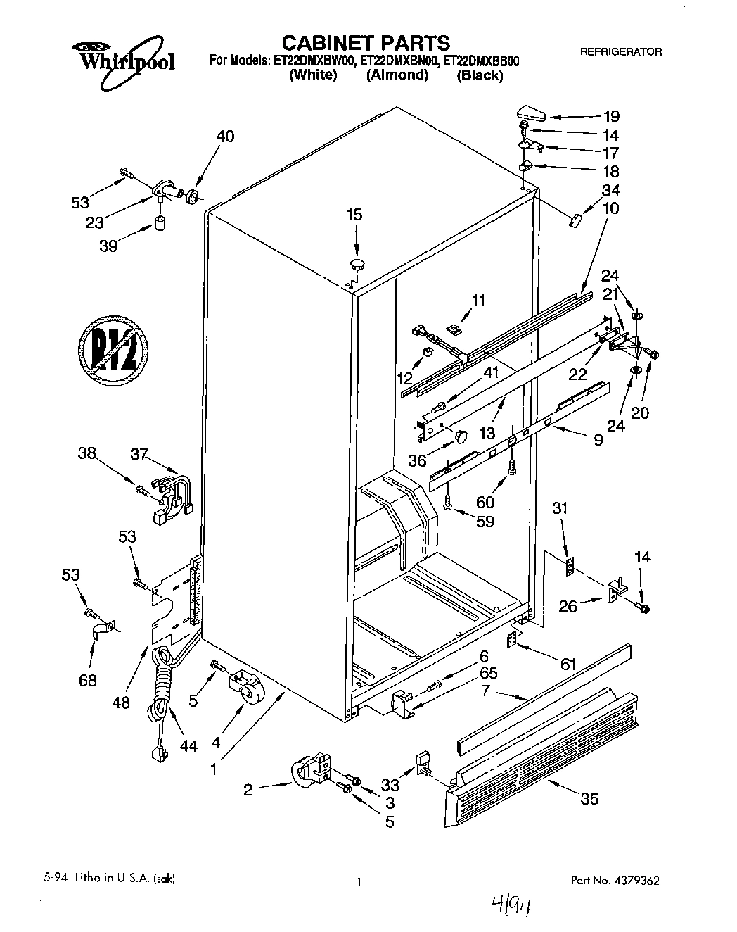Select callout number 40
point(225,137)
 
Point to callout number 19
point(610,117)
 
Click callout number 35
point(591,798)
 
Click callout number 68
point(88,680)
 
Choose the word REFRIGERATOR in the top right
point(620,52)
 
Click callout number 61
point(568,664)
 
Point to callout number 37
point(139,455)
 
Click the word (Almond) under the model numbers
point(397,75)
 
